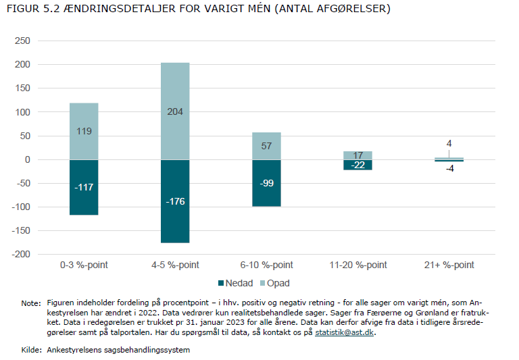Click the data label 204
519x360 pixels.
click(175, 111)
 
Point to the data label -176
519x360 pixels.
click(175, 201)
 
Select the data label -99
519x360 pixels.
click(266, 183)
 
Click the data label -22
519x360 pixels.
click(357, 165)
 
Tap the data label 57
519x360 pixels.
click(266, 146)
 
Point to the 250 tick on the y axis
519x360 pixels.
click(24, 41)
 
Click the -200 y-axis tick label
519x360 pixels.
click(22, 255)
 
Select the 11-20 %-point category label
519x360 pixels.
click(357, 265)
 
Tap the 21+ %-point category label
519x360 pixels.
click(449, 265)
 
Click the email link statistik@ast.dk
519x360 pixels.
click(345, 333)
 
